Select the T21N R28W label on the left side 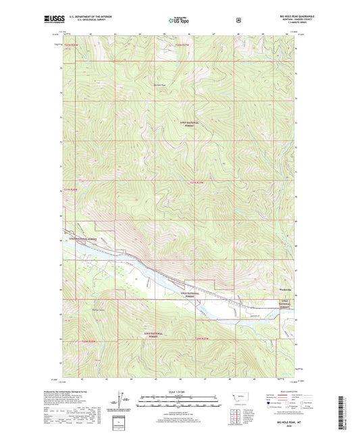pos(71,190)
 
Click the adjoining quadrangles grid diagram pos(235,413)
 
